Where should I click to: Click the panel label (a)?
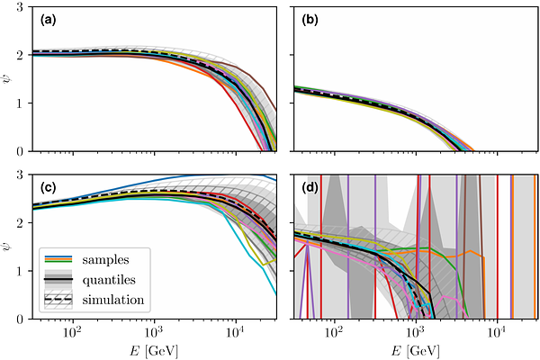(49, 18)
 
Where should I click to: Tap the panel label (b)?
(312, 18)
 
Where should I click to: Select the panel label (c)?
(49, 187)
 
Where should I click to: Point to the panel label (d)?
(312, 187)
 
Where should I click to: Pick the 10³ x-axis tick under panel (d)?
(416, 332)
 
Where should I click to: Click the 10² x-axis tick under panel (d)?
(334, 332)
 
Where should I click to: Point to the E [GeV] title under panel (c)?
(154, 349)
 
